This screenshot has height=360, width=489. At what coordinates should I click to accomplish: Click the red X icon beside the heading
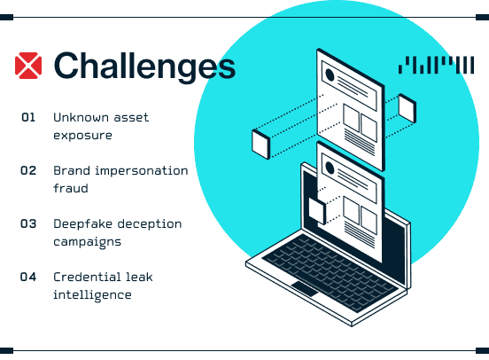click(x=28, y=66)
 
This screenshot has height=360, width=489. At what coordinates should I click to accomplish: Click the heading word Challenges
click(x=144, y=67)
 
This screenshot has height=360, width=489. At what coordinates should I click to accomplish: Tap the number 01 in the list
click(x=28, y=117)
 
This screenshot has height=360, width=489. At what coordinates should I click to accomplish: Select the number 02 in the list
click(x=28, y=170)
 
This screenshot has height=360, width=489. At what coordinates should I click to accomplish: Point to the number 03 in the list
click(x=28, y=223)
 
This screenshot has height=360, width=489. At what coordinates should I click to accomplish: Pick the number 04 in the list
click(x=28, y=277)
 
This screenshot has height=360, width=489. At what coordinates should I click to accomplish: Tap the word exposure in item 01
click(x=82, y=136)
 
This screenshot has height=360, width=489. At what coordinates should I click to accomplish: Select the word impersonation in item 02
click(x=142, y=171)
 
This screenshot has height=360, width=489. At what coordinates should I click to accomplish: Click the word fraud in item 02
click(x=71, y=188)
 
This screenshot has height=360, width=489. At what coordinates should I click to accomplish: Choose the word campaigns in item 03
click(x=88, y=242)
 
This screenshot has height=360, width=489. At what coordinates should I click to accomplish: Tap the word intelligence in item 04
click(x=92, y=295)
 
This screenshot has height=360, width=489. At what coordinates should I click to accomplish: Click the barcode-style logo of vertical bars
click(x=437, y=65)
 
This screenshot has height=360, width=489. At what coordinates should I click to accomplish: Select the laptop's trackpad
click(x=305, y=289)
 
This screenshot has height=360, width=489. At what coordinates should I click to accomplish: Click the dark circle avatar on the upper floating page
click(x=330, y=75)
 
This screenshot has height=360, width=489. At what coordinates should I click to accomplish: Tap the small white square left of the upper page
click(x=260, y=145)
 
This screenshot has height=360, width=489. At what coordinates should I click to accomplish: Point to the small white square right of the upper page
click(x=407, y=108)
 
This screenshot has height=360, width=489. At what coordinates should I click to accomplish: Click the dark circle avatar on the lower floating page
click(x=330, y=168)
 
